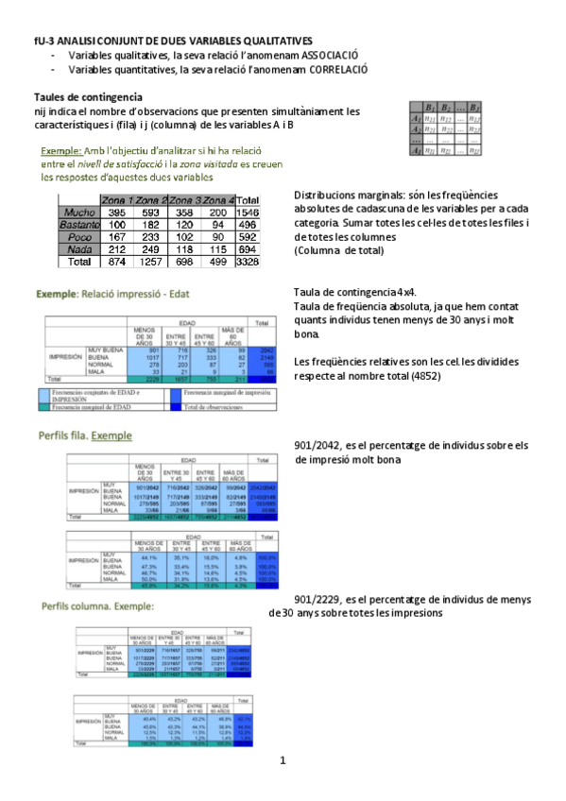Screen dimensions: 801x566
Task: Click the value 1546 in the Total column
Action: click(x=247, y=213)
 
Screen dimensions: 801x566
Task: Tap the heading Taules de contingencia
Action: click(x=88, y=96)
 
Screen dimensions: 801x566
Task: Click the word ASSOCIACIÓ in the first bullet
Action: click(x=325, y=56)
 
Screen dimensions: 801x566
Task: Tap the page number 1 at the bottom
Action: click(x=282, y=760)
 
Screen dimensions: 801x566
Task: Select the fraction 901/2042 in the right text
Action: click(x=318, y=445)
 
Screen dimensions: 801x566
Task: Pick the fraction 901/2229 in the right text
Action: click(x=318, y=599)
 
